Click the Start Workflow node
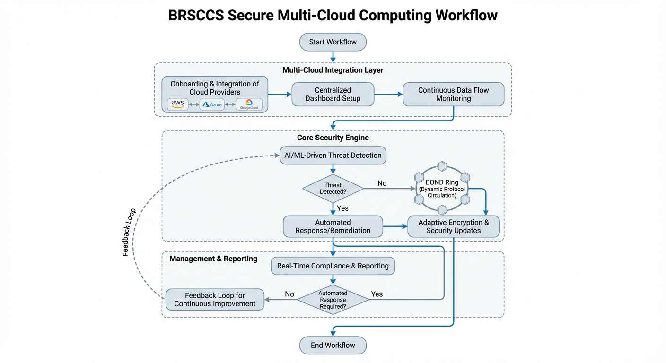pos(333,42)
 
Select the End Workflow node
pos(333,345)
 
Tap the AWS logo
pos(178,104)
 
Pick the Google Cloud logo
pos(249,104)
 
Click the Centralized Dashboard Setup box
pos(333,94)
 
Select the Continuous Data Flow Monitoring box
pos(453,94)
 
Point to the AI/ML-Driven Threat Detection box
pos(333,155)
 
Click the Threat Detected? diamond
pos(333,188)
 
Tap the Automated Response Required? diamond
pos(333,300)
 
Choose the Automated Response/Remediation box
pos(333,226)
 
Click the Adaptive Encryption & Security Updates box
pos(453,226)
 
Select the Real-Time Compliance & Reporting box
pos(333,266)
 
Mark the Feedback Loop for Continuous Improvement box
pos(215,300)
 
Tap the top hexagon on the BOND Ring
pos(442,166)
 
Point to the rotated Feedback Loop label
pos(129,232)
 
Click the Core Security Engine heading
pos(333,138)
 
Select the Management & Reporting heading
pos(213,259)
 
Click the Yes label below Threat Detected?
pos(342,208)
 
